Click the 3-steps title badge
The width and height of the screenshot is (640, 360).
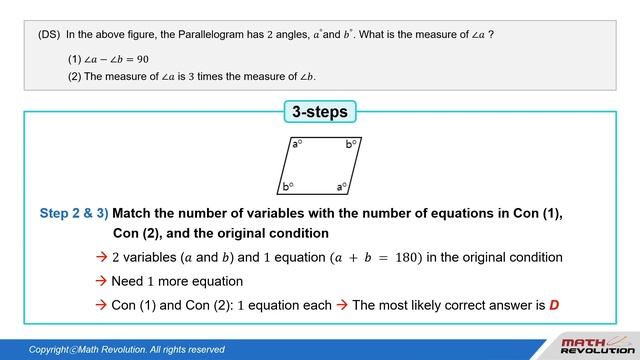point(320,112)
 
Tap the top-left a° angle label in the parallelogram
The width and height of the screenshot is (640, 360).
point(298,144)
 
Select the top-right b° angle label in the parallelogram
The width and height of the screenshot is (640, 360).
point(352,144)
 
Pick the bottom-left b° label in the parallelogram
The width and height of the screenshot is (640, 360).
point(288,186)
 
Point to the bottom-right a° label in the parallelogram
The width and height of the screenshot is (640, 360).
point(342,186)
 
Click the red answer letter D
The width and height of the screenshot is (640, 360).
point(554,305)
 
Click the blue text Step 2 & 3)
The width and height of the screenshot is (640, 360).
point(74,213)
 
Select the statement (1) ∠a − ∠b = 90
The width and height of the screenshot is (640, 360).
point(115,59)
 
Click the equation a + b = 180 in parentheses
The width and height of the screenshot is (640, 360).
point(375,257)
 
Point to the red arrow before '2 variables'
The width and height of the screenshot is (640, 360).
point(101,257)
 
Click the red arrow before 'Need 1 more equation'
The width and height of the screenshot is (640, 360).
point(101,281)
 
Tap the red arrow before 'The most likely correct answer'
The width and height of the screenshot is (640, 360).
point(343,305)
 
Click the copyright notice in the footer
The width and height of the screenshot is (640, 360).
point(126,349)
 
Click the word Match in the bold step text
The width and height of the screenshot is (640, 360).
point(133,213)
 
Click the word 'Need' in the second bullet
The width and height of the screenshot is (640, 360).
point(128,281)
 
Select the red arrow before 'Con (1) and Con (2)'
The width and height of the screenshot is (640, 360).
point(101,305)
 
